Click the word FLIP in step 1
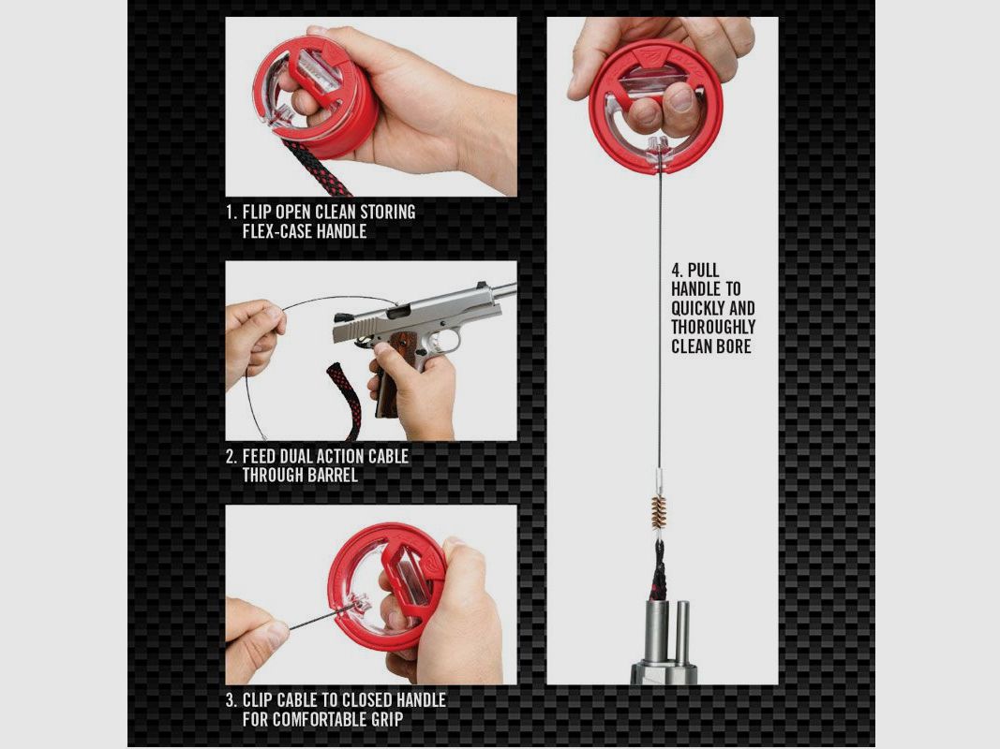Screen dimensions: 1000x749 (257, 213)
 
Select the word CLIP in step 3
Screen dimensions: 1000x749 (257, 700)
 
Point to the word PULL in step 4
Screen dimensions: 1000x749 (703, 270)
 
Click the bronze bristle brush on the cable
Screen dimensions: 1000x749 (658, 513)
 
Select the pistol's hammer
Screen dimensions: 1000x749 (340, 317)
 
